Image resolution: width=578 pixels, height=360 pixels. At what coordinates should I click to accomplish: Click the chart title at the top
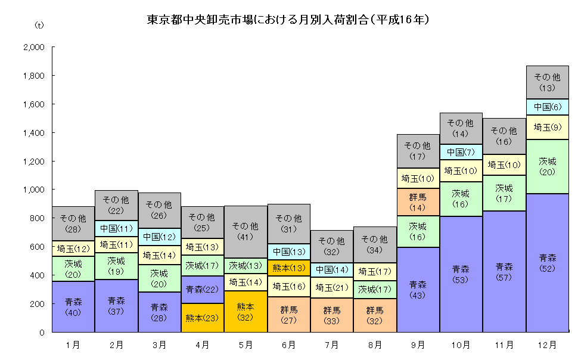point(288,20)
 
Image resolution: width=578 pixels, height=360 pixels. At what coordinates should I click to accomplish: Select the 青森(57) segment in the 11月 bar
point(504,271)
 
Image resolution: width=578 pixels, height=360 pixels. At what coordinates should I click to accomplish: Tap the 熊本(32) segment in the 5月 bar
point(246,311)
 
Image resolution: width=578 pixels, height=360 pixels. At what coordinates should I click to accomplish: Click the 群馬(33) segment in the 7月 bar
point(332,315)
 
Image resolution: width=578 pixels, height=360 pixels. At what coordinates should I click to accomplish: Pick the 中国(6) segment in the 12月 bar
point(546,107)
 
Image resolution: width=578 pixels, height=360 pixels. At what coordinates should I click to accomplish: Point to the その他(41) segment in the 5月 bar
point(246,231)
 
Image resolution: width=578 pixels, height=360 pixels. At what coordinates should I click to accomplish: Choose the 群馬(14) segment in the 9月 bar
point(418,202)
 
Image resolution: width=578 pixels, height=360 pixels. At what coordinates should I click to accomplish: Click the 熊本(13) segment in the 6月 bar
point(289,268)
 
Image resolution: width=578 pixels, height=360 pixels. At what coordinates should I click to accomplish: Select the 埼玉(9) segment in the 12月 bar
point(546,127)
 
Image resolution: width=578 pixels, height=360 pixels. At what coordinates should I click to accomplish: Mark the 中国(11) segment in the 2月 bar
point(117,228)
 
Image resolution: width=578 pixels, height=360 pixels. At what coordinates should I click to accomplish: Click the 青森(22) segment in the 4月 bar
point(203,290)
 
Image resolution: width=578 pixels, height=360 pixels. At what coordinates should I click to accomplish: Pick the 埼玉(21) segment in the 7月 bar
point(332,288)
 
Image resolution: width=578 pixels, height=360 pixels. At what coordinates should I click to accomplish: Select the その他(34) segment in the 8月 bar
point(375,244)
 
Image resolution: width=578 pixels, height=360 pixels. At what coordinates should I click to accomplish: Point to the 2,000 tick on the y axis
point(37,48)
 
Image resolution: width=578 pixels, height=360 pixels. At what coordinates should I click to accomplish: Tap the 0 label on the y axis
point(42,332)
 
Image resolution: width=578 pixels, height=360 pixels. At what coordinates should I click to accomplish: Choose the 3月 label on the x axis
point(160,345)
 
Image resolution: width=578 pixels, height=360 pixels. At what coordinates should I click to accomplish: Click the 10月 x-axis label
point(461,345)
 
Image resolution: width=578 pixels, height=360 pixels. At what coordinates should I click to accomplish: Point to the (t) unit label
point(39,25)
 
